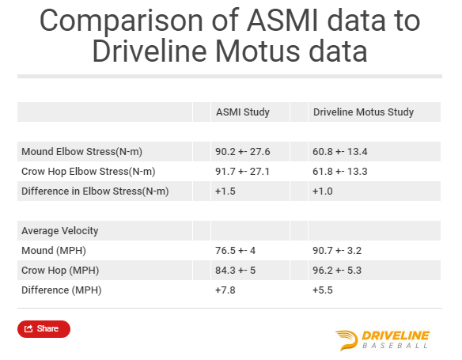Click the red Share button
pos(44,329)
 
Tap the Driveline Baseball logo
pos(382,340)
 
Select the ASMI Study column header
pos(243,112)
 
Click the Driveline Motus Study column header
pos(363,112)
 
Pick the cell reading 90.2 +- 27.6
pos(243,152)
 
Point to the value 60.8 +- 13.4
pos(339,152)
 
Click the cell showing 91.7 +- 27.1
pos(242,172)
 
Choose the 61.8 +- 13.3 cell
pos(339,172)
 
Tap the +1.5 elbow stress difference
pos(225,191)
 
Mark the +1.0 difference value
pos(322,191)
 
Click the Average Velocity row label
pos(60,231)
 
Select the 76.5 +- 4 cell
pos(235,251)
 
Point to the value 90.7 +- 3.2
pos(337,251)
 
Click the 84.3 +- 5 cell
pos(235,271)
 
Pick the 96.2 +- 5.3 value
pos(337,271)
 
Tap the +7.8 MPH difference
pos(225,290)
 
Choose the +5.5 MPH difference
pos(322,290)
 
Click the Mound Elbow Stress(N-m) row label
pos(82,152)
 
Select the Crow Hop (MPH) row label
pos(60,271)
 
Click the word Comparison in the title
pos(121,21)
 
